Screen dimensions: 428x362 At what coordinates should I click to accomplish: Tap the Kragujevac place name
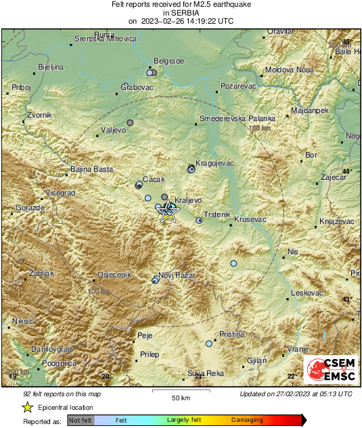214,163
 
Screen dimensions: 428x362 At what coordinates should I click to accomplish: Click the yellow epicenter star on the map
168,216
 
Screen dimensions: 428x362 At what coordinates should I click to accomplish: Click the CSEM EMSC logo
332,371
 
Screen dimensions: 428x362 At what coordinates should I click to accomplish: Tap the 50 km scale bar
180,392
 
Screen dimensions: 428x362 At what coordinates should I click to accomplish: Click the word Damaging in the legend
247,421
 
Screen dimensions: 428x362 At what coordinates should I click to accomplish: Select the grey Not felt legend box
81,421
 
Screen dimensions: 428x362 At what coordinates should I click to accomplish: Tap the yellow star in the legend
27,407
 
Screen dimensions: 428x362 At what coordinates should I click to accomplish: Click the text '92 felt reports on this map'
62,394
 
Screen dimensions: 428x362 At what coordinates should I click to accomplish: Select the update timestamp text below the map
296,394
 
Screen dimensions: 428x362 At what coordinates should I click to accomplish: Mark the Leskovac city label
308,293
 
